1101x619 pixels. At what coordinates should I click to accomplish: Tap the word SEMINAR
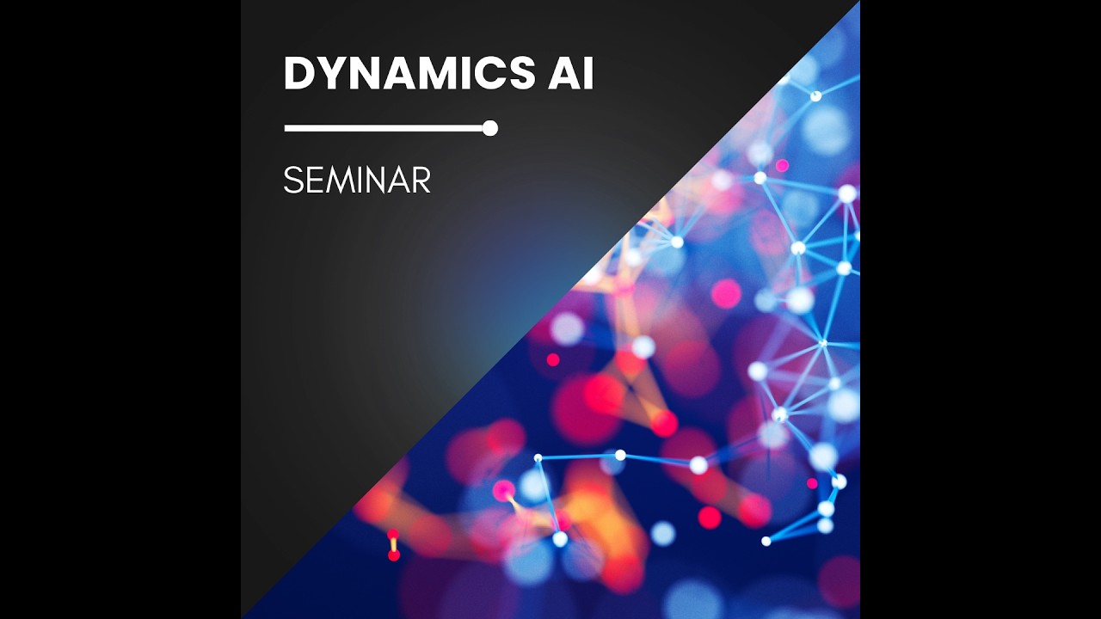357,181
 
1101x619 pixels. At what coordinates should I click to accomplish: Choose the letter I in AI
588,74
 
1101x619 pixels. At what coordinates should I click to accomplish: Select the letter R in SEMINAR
421,181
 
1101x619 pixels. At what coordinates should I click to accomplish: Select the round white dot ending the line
490,128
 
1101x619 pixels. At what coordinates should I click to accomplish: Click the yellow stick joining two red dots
394,545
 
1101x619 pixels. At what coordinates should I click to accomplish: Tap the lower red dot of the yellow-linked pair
394,555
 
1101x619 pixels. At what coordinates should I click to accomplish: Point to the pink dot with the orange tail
503,491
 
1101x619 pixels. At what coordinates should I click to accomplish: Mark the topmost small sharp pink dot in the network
782,165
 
